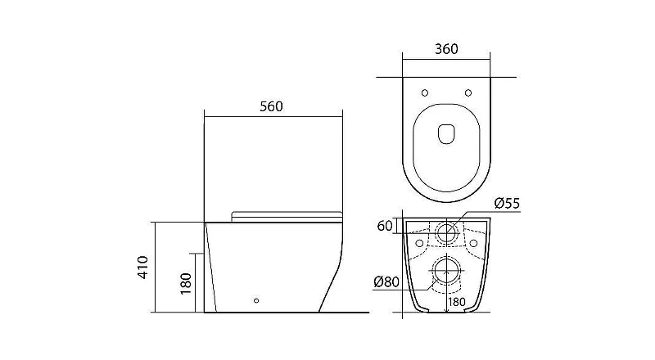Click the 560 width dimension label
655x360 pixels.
tap(271, 106)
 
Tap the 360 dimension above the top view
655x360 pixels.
tap(446, 49)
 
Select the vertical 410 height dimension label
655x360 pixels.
tap(142, 268)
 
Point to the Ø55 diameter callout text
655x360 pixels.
tap(507, 204)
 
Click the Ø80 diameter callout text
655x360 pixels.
tap(386, 282)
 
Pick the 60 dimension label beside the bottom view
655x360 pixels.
tap(385, 226)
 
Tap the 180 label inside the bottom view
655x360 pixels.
tap(457, 302)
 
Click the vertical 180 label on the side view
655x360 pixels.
tap(186, 284)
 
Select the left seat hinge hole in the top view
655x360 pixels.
tap(425, 92)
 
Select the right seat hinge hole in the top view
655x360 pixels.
tap(468, 92)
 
